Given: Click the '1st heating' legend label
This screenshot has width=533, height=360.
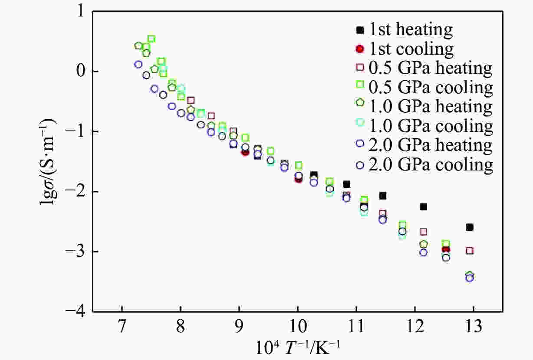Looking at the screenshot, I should [x=411, y=30].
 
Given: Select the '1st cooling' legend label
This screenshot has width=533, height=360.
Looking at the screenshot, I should [x=411, y=49].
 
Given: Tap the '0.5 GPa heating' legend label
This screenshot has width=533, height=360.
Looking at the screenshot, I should [x=431, y=68].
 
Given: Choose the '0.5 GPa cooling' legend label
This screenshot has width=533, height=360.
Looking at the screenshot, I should [x=431, y=88].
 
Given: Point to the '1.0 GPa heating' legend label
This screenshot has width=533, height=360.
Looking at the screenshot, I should [x=431, y=107].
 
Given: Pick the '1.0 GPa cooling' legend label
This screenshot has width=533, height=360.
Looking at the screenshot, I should [x=431, y=126].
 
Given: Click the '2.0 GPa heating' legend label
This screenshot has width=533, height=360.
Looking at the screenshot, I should [x=431, y=145].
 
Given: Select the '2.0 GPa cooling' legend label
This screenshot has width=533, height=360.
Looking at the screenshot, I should [x=431, y=165].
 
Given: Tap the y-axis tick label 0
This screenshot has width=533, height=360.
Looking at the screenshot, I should [x=82, y=72].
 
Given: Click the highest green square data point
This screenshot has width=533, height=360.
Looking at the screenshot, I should [x=151, y=39].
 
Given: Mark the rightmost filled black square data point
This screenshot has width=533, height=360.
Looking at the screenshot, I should [x=469, y=227].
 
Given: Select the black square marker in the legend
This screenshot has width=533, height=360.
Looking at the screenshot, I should [x=360, y=30].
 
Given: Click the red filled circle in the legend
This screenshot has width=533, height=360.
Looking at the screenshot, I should [x=360, y=49].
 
